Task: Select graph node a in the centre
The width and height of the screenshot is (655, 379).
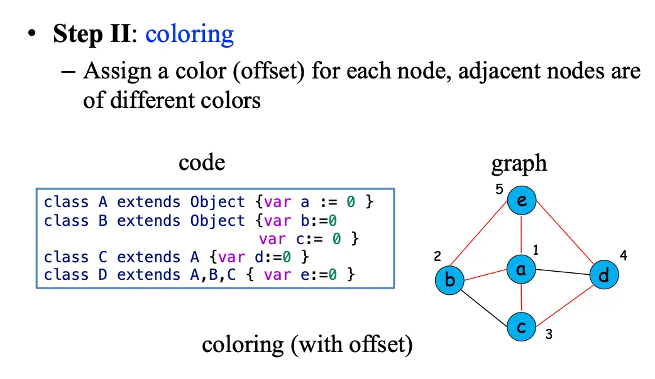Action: click(x=522, y=269)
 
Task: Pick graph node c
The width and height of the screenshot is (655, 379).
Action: click(x=522, y=328)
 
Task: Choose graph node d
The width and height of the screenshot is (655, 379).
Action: click(x=603, y=275)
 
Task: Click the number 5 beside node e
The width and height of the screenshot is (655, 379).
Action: click(x=499, y=189)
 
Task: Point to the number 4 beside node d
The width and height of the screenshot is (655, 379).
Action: click(x=623, y=255)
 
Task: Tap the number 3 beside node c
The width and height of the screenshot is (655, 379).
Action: click(x=549, y=334)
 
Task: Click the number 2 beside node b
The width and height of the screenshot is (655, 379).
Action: click(x=438, y=256)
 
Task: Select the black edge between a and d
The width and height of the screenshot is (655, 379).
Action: click(x=563, y=272)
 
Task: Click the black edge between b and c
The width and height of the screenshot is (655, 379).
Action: click(x=485, y=306)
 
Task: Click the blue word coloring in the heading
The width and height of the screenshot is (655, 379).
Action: click(x=189, y=34)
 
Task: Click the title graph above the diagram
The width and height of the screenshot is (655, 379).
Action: click(x=519, y=164)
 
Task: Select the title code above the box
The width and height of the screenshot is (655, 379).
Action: click(x=202, y=163)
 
